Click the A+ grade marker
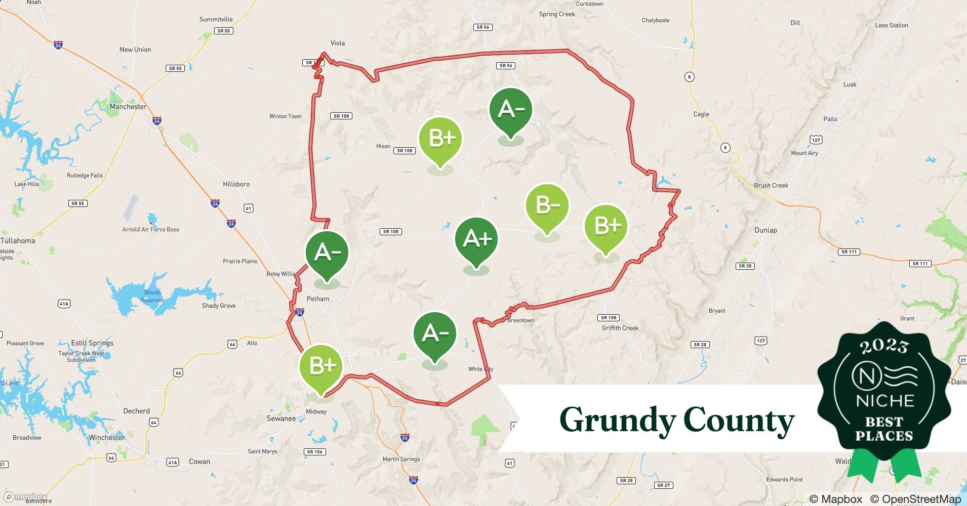pos(476,240)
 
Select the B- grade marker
pos(547,206)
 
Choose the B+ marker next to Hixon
pos(440,139)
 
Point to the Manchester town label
pos(128,107)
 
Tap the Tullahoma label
pos(18,241)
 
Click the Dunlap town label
pos(765,230)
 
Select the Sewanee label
pos(281,418)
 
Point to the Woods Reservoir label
pos(152,296)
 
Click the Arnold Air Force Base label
pos(151,229)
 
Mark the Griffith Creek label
pos(620,328)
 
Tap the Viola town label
pos(338,43)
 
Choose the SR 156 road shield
pos(314,452)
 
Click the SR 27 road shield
pos(663,485)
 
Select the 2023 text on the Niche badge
pos(884,346)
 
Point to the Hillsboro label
pos(236,184)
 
